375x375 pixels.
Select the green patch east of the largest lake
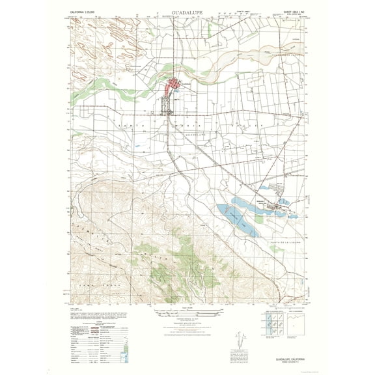point(259,219)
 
